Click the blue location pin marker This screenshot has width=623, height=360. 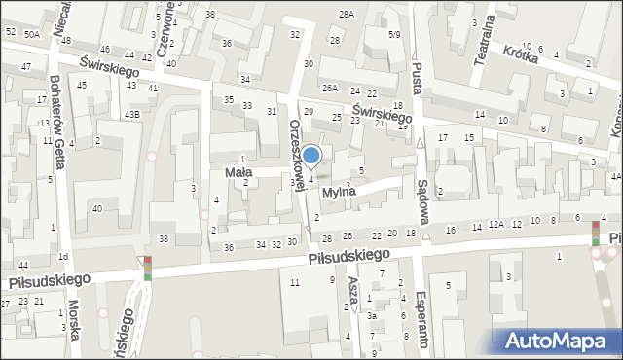311,156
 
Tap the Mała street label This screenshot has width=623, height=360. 238,172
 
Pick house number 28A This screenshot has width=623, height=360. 346,14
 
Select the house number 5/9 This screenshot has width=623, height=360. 393,35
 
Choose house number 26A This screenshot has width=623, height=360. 330,89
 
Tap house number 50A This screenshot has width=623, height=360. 32,34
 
